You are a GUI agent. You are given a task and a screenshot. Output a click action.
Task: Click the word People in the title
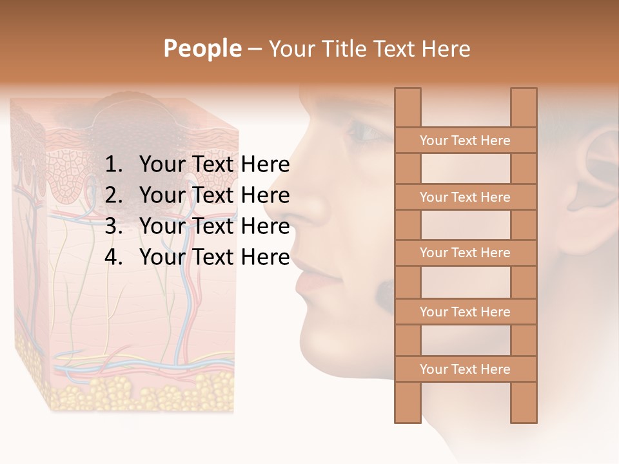pos(202,48)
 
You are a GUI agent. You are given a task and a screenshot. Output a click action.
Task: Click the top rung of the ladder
pos(465,140)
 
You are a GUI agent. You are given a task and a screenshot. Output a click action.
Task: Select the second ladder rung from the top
pos(465,197)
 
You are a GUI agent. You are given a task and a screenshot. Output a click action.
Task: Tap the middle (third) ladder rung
pos(465,253)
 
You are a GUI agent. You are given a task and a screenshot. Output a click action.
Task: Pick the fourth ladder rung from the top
pos(465,312)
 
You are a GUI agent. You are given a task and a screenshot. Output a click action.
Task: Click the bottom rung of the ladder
pos(465,369)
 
